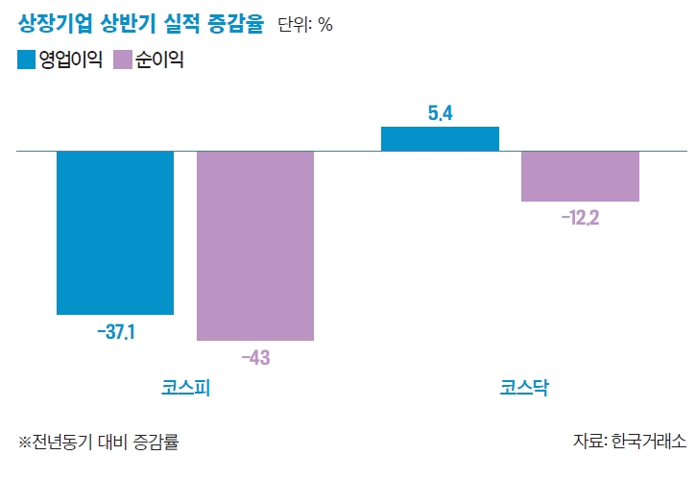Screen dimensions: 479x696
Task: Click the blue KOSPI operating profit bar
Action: pos(115,232)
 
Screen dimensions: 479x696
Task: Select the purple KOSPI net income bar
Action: pos(255,246)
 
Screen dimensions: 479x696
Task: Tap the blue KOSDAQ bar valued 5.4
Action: pos(440,139)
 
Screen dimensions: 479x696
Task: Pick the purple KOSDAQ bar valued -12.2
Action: pos(580,177)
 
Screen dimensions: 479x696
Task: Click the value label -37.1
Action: pos(115,332)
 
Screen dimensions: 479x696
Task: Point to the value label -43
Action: pos(255,358)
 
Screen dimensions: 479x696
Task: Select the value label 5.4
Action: pos(440,113)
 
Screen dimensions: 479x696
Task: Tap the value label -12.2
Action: pos(580,218)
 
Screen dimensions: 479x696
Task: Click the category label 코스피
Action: pos(185,389)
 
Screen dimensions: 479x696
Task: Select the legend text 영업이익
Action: pos(70,60)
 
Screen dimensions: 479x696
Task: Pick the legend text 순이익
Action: pos(158,60)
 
